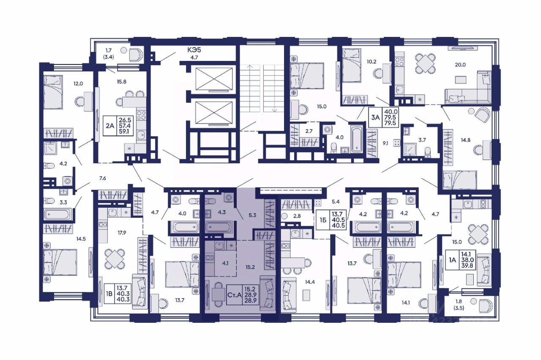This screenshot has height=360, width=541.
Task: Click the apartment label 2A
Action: click(110, 126)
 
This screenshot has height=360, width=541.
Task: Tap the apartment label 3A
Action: click(376, 118)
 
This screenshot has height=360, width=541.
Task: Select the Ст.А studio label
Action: click(235, 295)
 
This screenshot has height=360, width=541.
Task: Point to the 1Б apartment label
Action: click(323, 220)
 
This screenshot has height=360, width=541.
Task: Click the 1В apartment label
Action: click(109, 294)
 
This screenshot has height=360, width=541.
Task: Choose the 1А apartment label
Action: click(452, 260)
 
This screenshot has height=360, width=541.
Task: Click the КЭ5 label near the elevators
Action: click(194, 50)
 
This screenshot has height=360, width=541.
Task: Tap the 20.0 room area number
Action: click(460, 65)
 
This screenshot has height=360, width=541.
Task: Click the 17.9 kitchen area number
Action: click(122, 233)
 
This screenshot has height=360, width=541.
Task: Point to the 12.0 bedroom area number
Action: click(78, 84)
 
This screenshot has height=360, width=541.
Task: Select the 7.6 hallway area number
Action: click(103, 179)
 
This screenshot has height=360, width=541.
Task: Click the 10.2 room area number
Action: click(372, 62)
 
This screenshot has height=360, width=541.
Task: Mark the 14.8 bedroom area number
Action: click(465, 140)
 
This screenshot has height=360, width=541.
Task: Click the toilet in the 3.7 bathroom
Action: click(427, 151)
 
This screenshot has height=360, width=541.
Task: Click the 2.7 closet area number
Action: click(309, 131)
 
